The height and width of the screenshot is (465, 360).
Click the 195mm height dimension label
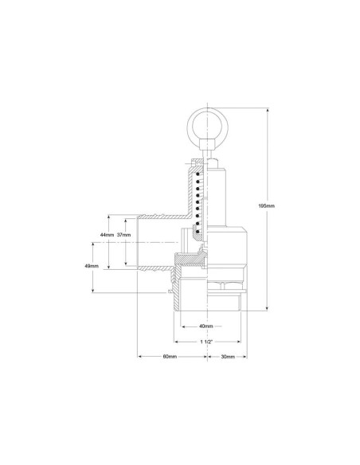[267, 206]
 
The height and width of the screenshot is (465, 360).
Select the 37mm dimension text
[123, 236]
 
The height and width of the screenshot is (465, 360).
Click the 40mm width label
[205, 326]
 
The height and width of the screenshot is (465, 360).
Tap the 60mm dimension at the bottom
[170, 356]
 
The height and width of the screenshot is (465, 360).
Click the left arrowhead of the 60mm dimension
[140, 356]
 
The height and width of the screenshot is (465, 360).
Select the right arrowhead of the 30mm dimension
[246, 356]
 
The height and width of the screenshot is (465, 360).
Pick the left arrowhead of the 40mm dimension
[182, 326]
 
